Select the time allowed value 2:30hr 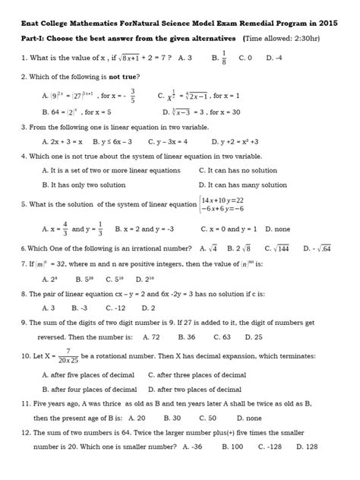[x=324, y=36]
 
